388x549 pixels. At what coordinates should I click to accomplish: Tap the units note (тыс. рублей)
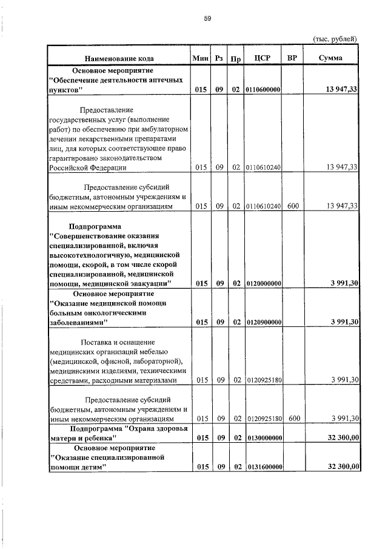click(x=334, y=39)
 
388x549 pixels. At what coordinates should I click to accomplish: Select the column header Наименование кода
click(x=119, y=59)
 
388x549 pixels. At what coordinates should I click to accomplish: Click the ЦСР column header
click(x=263, y=58)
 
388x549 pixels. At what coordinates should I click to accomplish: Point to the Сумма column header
click(x=330, y=58)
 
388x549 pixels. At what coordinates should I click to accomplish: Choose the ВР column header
click(x=292, y=58)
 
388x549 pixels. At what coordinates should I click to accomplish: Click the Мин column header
click(x=201, y=58)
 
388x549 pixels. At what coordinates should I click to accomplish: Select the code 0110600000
click(x=263, y=90)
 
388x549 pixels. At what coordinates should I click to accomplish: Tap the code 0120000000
click(x=263, y=283)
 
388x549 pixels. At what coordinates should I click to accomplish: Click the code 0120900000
click(x=263, y=322)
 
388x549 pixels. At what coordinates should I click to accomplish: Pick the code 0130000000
click(x=263, y=437)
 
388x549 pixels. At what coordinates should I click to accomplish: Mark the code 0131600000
click(x=263, y=466)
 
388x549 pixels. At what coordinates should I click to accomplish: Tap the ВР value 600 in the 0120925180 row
click(x=293, y=419)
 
